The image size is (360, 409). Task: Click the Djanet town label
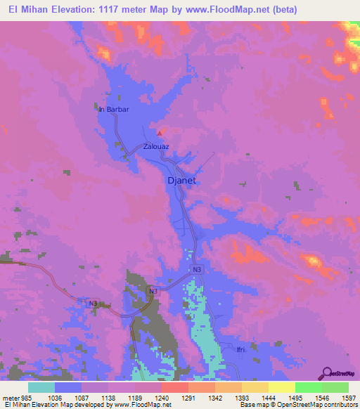[x=181, y=180]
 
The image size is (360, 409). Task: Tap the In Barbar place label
[x=114, y=110]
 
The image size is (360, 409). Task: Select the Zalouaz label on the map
[x=156, y=147]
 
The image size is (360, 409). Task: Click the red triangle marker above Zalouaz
[x=160, y=132]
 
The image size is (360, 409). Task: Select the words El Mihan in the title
[x=28, y=10]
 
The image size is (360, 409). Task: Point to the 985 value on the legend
[x=25, y=398]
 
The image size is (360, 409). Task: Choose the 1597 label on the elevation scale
[x=340, y=398]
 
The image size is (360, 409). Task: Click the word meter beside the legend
[x=9, y=398]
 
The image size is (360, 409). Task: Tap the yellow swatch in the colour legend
[x=281, y=387]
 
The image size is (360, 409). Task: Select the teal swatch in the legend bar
[x=41, y=387]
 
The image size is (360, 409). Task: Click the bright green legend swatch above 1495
[x=308, y=387]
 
